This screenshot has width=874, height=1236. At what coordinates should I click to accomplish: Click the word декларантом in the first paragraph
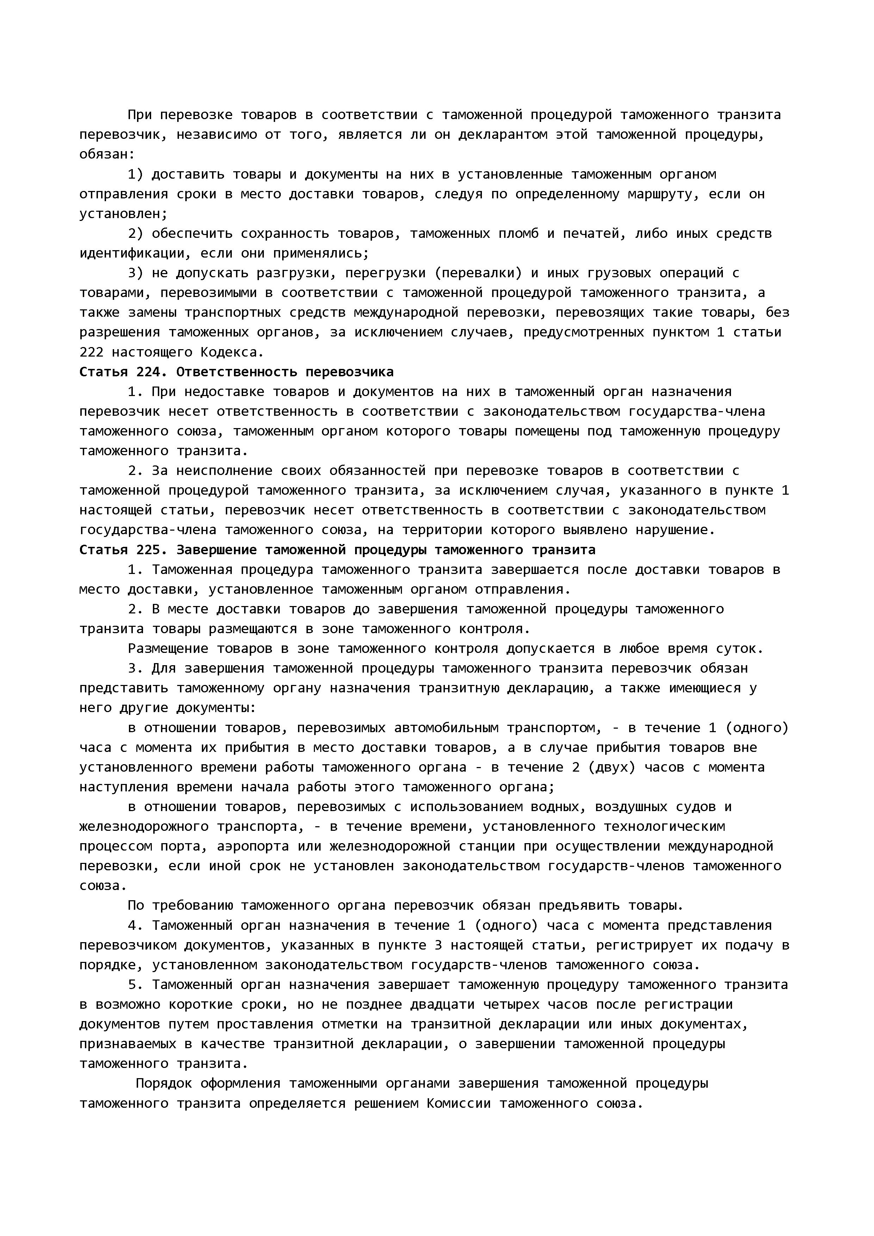[503, 135]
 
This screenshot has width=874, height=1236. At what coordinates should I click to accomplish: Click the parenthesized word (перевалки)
[478, 273]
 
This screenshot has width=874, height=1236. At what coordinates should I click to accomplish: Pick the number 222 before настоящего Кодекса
[92, 352]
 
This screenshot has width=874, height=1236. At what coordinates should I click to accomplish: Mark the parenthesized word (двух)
[612, 767]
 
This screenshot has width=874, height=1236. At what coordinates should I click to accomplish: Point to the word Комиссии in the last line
[459, 1104]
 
